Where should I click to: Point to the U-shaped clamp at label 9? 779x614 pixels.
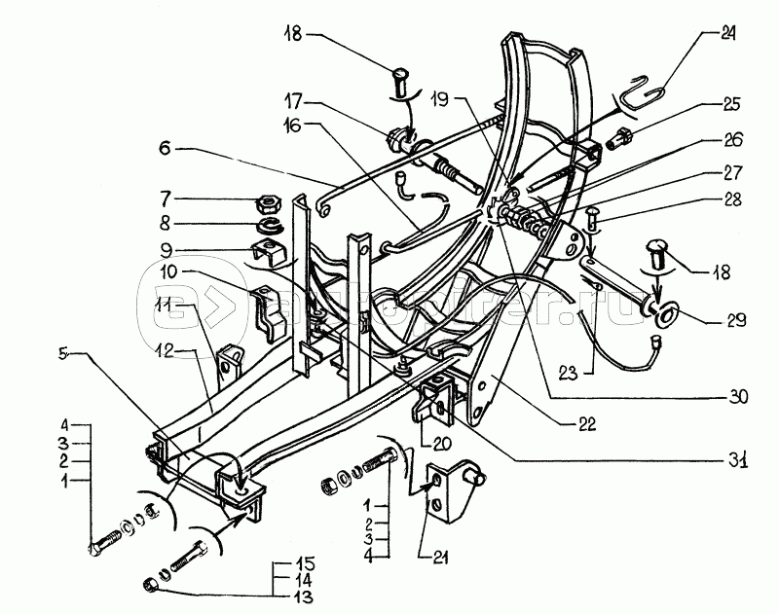[273, 255]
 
